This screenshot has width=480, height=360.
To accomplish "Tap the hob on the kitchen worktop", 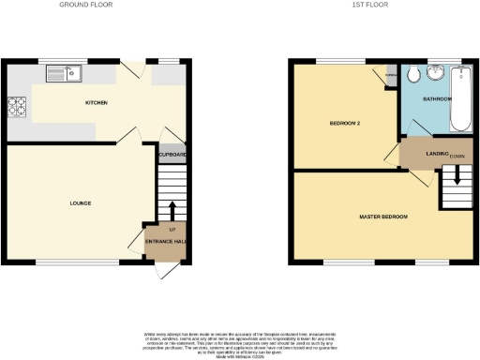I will (16, 108).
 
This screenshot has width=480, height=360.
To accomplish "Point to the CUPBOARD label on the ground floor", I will (172, 155).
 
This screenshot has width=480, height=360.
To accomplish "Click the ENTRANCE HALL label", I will (165, 242).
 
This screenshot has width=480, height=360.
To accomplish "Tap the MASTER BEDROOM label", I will (384, 217).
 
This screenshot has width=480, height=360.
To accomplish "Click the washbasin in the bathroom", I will (436, 74).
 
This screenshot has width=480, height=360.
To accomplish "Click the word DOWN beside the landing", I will (457, 156).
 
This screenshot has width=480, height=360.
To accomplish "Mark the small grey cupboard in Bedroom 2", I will (391, 78).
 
